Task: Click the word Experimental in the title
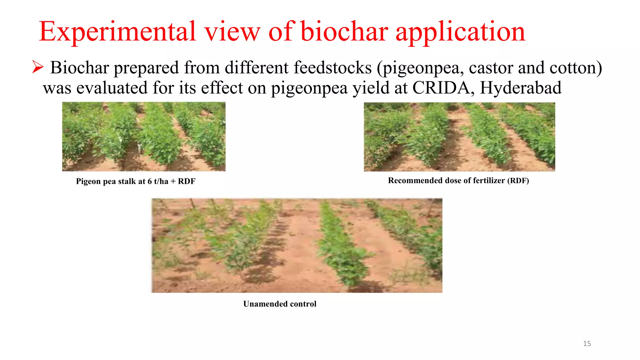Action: (x=117, y=32)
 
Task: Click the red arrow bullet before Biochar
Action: (x=37, y=67)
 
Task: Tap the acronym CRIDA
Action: (x=441, y=88)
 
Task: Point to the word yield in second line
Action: (x=371, y=88)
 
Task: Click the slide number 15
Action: (x=587, y=343)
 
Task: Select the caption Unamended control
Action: (x=280, y=304)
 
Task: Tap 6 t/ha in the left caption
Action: (x=158, y=181)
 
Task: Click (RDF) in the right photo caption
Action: (x=518, y=181)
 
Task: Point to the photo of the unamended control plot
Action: (x=297, y=245)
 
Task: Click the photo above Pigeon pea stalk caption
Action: (x=144, y=137)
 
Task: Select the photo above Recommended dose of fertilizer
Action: (x=459, y=137)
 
